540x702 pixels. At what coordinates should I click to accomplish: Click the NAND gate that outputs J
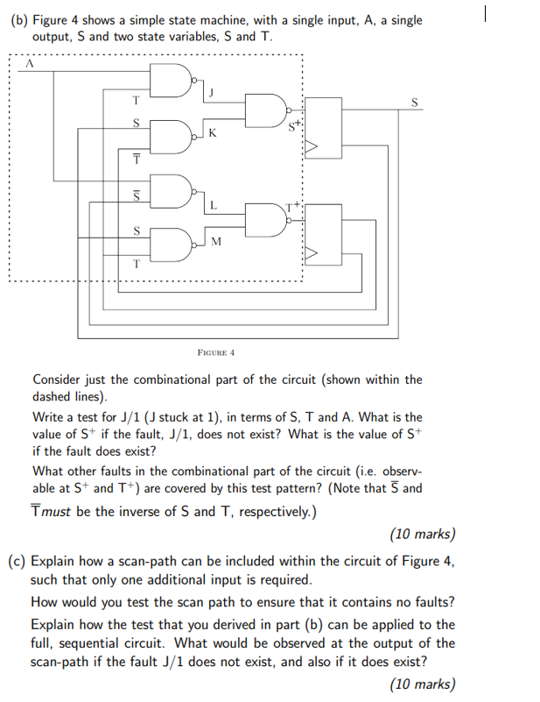[181, 81]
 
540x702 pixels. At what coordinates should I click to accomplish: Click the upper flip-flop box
[327, 128]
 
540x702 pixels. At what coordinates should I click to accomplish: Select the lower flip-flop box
[327, 234]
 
